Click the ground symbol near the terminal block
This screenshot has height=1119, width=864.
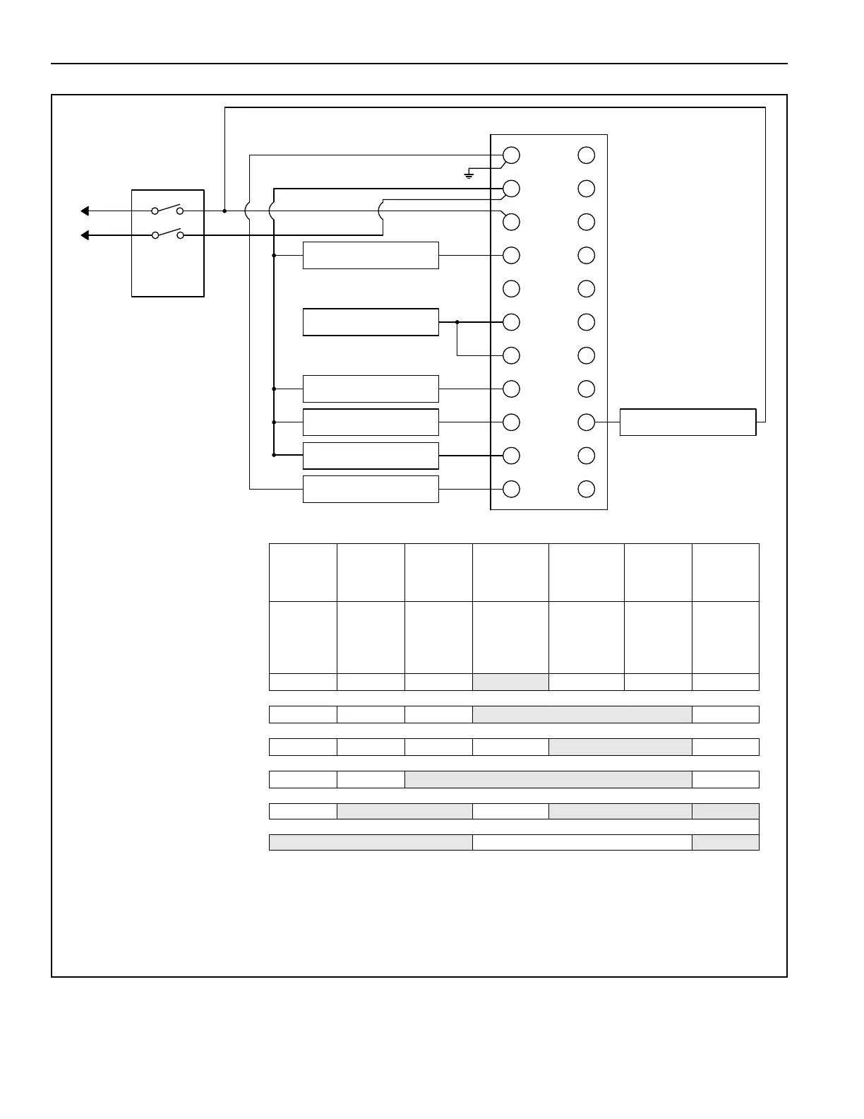tap(469, 174)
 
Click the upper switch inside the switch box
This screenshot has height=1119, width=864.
tap(167, 210)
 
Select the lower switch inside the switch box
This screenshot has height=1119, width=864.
tap(167, 234)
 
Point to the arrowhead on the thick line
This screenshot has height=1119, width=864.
tap(85, 235)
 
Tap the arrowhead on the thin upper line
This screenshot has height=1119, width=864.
tap(85, 211)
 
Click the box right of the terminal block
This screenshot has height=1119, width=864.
tap(688, 422)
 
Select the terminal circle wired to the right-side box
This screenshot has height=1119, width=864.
tap(586, 422)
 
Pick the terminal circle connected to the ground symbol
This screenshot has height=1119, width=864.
tap(511, 155)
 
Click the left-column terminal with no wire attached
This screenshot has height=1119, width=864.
tap(511, 289)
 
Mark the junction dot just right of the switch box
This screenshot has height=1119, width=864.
tap(224, 211)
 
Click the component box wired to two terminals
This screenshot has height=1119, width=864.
tap(371, 322)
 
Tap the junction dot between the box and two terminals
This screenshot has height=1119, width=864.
tap(457, 322)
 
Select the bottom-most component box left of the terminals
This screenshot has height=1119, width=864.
tap(371, 489)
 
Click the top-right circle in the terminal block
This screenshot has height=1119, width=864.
tap(586, 155)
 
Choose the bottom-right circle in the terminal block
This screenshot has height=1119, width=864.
tap(586, 489)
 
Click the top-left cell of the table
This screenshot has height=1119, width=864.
tap(303, 572)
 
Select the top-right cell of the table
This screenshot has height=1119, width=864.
tap(725, 572)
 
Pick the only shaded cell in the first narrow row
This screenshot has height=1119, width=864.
tap(510, 682)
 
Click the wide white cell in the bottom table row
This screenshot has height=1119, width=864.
tap(582, 842)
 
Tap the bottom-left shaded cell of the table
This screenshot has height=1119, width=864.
tap(371, 842)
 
